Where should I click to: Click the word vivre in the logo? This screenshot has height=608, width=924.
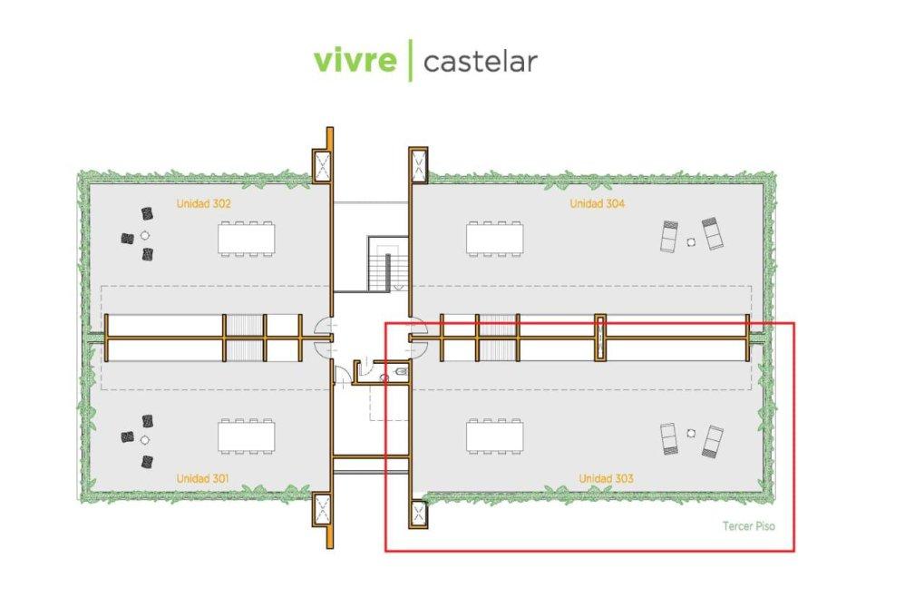pos(355,61)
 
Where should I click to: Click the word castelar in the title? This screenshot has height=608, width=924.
pos(480,62)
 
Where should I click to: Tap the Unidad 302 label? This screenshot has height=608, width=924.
pos(203,204)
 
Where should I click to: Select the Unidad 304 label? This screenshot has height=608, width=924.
pos(597,204)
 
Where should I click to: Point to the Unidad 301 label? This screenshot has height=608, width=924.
pos(203,478)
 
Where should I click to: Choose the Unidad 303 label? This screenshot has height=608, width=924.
pos(606,478)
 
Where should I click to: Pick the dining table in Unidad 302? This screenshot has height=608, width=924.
pos(247,239)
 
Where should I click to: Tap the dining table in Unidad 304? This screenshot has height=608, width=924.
pos(495,238)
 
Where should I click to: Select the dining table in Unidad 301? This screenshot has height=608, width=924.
pos(247,436)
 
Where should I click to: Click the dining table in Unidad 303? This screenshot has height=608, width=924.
pos(495,436)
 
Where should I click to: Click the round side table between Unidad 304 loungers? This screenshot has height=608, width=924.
pos(691,240)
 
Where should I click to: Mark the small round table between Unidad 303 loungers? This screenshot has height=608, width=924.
pos(691,433)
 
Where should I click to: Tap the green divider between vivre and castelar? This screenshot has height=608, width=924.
pos(410,61)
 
